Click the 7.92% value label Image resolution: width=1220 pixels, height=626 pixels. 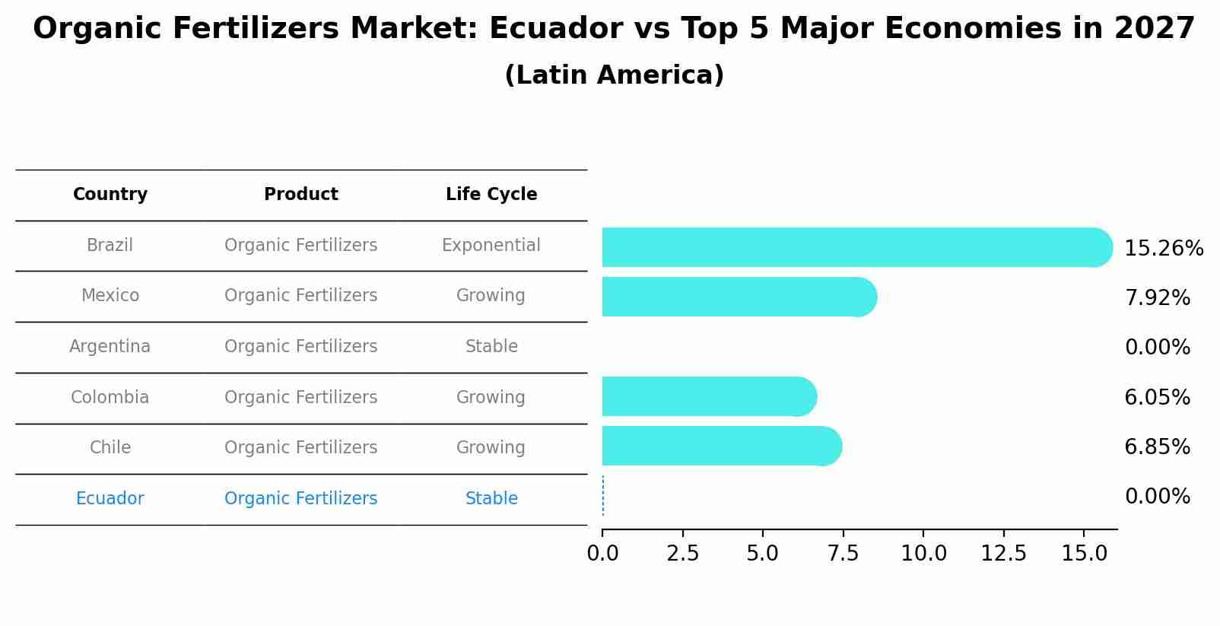[1157, 298]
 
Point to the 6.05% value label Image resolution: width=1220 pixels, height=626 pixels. [1157, 397]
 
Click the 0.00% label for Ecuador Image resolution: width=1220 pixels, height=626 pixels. [1157, 497]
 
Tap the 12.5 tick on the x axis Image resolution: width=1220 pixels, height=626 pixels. [1003, 554]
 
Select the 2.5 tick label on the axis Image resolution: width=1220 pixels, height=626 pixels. [682, 554]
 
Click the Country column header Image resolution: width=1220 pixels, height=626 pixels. [110, 195]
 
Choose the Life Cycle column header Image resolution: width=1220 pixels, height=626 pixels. [491, 195]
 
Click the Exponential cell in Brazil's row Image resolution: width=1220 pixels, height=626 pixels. [491, 246]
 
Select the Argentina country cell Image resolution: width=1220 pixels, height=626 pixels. [110, 347]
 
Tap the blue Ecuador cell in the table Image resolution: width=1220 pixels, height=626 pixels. [110, 499]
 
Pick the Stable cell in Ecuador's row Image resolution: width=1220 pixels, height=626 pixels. [491, 499]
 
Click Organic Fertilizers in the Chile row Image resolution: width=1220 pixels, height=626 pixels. [300, 448]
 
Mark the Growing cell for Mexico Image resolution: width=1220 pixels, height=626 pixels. [491, 296]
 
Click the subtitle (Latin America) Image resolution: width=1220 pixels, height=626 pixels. [614, 75]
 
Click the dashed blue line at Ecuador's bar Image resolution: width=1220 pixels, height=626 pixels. [603, 496]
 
